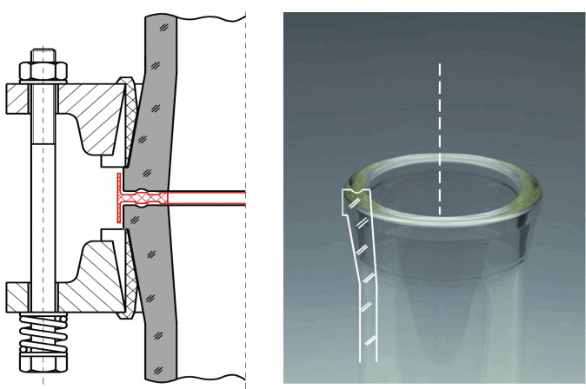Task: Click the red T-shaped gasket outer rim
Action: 117,199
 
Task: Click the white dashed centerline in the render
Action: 440,130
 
